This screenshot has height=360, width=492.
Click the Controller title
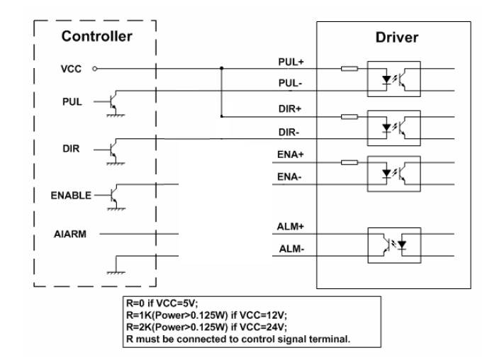click(x=96, y=35)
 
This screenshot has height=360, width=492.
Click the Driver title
click(x=396, y=38)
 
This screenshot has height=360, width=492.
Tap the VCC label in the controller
click(x=69, y=69)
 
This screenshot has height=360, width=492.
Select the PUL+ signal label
click(x=290, y=62)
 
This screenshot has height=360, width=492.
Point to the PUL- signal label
click(x=290, y=83)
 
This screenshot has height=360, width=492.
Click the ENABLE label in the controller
click(x=69, y=195)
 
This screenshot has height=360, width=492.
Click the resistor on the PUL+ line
click(x=348, y=69)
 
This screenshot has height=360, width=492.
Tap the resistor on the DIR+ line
click(x=348, y=117)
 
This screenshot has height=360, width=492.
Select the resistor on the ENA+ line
click(x=348, y=162)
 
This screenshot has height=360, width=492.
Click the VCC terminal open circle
click(x=94, y=69)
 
